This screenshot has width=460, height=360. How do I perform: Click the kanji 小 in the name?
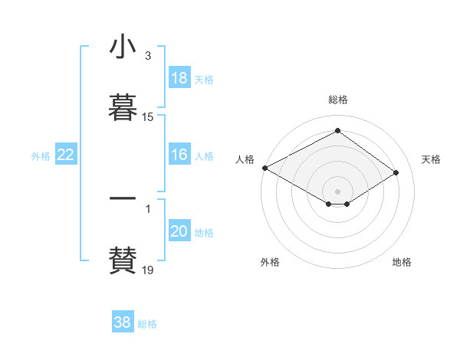coord(123,47)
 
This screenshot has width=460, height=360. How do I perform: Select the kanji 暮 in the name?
coord(123,106)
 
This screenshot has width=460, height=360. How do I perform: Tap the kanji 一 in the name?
coord(123,198)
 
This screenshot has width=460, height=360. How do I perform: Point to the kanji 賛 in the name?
coord(123,258)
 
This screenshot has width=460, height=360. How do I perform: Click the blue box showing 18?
coord(179,78)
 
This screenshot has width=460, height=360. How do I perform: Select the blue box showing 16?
coord(179,155)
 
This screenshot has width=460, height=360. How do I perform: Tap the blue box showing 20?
coord(179,231)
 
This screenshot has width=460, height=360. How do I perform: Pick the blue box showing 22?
coord(66,155)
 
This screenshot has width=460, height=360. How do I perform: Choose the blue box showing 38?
coord(123,322)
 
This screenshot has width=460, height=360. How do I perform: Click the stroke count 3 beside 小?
coord(147,56)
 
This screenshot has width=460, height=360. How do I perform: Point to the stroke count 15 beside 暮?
coord(148,117)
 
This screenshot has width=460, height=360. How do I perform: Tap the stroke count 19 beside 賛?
coord(148,270)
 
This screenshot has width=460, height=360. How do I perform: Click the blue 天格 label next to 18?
coord(204,79)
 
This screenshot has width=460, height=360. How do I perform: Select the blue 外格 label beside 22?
coord(41,155)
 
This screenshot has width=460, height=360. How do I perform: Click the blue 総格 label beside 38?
coord(147,323)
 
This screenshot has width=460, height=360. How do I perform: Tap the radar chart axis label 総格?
coord(337,100)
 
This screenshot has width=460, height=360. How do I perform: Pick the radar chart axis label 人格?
coord(245,159)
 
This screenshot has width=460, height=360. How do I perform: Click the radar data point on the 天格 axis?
coord(396,173)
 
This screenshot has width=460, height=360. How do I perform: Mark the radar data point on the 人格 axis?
coord(264,167)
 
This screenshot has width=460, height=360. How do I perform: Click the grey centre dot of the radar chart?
coord(337,191)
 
